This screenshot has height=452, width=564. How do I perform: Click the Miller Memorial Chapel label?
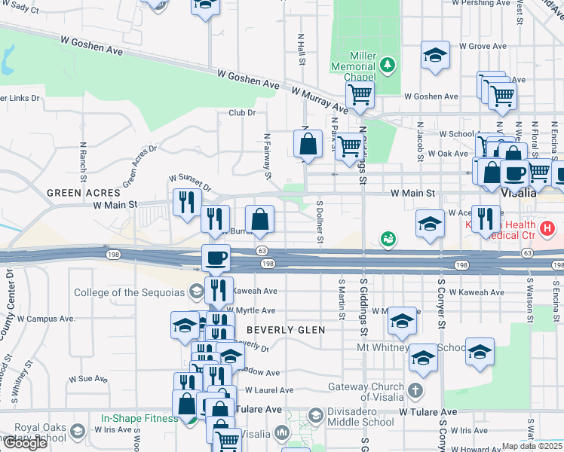coord(353,66)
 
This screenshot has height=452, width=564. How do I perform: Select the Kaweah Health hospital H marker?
coord(548,226)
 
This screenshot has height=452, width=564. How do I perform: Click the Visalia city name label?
coord(520,193)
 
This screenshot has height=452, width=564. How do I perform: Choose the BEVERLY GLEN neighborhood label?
coord(286,330)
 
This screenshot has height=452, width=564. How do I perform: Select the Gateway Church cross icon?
coord(415,392)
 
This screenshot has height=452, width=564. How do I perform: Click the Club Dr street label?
coord(242,113)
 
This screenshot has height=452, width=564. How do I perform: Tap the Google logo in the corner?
coord(25,443)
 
